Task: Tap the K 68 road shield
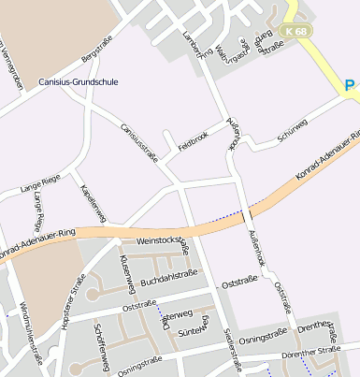297,31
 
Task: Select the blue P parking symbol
350,86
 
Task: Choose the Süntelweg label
192,330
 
